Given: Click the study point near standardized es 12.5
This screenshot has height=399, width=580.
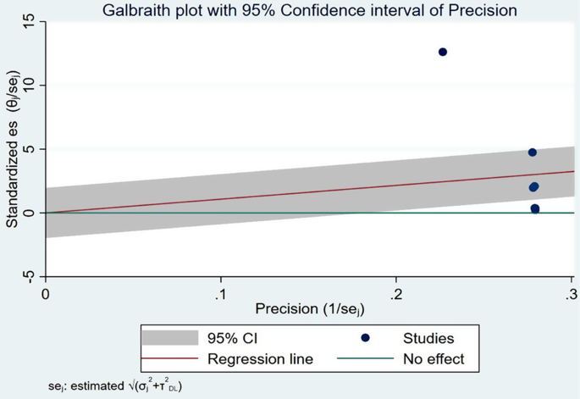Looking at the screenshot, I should point(442,53).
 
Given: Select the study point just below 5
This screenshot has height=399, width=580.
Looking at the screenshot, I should point(532,152).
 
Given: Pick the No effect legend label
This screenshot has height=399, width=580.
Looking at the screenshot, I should point(434,359).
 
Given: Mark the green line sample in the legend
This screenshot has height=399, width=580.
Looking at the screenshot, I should point(365,359).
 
